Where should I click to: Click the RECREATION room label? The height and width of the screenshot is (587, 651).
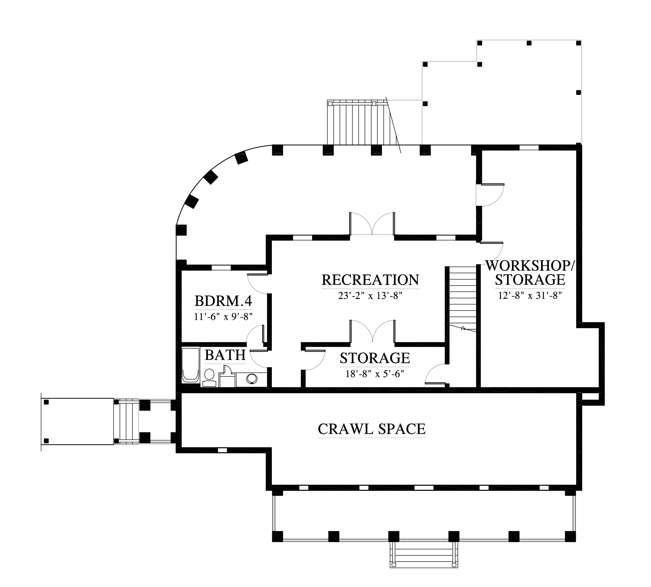coord(370,280)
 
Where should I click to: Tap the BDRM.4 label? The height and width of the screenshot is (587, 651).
coord(223,301)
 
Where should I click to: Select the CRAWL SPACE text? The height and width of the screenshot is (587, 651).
coord(372,429)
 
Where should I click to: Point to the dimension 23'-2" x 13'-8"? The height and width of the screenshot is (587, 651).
coord(370,296)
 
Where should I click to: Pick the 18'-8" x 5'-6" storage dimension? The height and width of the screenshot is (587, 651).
coord(375,374)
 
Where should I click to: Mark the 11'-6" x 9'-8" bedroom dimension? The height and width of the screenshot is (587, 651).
coord(223,317)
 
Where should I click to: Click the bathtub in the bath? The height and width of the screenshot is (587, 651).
coord(190,365)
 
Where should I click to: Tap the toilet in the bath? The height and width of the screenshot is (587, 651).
coord(209,378)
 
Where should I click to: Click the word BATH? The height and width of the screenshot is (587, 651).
coord(225,355)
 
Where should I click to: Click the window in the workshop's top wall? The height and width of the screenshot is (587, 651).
coord(529,148)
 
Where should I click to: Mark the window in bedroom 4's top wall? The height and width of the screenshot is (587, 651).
coord(221,267)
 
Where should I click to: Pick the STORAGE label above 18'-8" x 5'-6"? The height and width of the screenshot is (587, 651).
coord(375,358)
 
